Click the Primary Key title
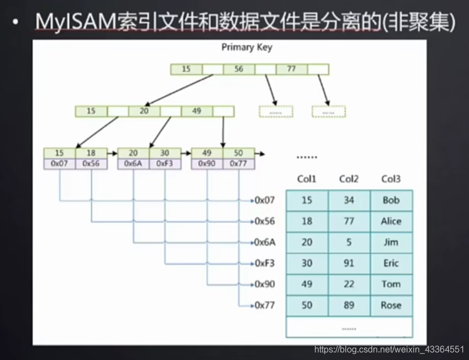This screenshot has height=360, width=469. pyautogui.click(x=246, y=47)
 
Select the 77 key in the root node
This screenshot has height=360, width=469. pyautogui.click(x=292, y=69)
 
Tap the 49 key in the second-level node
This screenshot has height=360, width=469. pyautogui.click(x=197, y=111)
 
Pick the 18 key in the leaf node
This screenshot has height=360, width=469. pyautogui.click(x=91, y=153)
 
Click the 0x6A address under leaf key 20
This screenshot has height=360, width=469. pyautogui.click(x=133, y=164)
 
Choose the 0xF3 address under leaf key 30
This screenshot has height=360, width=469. pyautogui.click(x=165, y=164)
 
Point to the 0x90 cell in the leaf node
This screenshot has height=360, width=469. pyautogui.click(x=207, y=164)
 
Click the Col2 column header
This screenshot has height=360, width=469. pyautogui.click(x=349, y=179)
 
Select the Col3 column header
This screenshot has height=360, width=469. pyautogui.click(x=391, y=179)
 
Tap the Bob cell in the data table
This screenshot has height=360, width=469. pyautogui.click(x=391, y=200)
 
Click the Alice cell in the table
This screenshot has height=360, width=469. pyautogui.click(x=391, y=221)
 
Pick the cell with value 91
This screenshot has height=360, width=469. pyautogui.click(x=349, y=263)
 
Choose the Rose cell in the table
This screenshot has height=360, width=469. pyautogui.click(x=391, y=305)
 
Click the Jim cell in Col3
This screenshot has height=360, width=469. pyautogui.click(x=391, y=242)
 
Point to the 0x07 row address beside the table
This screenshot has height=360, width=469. pyautogui.click(x=265, y=200)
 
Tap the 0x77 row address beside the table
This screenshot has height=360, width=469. pyautogui.click(x=265, y=305)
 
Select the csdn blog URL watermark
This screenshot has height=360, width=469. pyautogui.click(x=389, y=349)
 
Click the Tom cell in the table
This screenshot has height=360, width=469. pyautogui.click(x=391, y=284)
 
